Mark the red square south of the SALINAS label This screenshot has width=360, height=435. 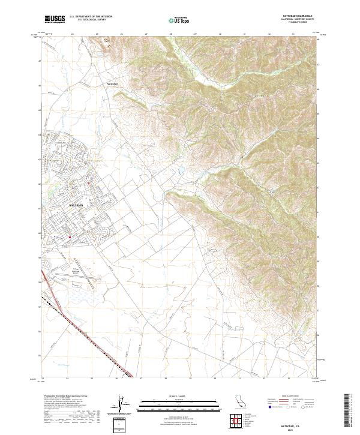(x=70, y=236)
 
